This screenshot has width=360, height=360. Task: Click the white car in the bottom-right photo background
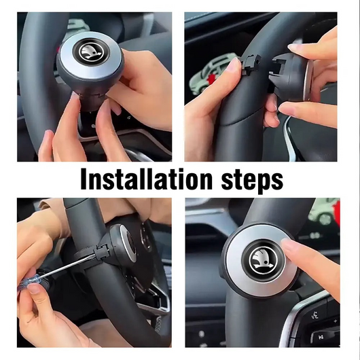point(325,213)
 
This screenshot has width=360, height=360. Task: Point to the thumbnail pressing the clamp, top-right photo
point(235,65)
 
